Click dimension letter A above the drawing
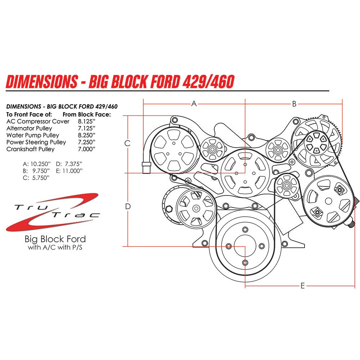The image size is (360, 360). (194, 104)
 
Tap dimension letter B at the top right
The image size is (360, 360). (294, 104)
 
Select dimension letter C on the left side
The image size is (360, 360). (127, 143)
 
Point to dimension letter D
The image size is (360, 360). (127, 206)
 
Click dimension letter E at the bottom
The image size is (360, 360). (303, 286)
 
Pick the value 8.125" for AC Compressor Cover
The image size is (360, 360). (87, 121)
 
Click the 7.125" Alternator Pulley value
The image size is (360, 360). (87, 128)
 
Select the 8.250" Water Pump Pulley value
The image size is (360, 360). (87, 135)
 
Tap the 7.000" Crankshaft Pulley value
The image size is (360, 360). (87, 149)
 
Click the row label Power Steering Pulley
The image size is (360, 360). (36, 142)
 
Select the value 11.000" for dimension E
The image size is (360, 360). (72, 170)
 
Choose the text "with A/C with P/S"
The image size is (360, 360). (55, 248)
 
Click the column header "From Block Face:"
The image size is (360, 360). (87, 114)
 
